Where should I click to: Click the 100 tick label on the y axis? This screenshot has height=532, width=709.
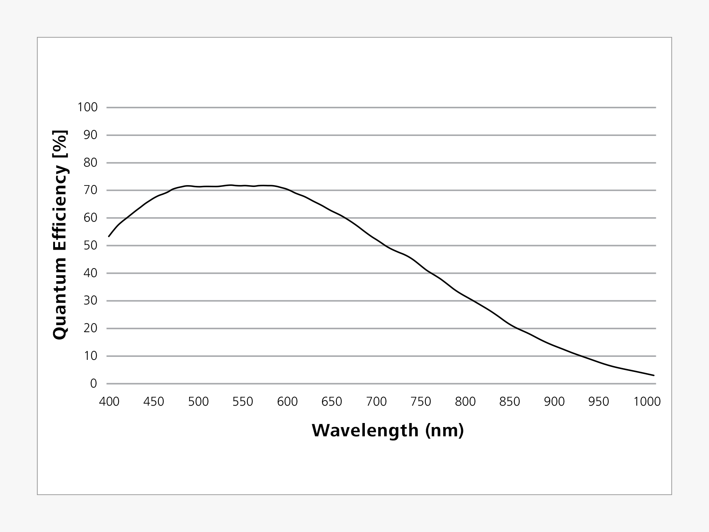click(88, 108)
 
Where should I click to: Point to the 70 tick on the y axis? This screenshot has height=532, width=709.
click(90, 190)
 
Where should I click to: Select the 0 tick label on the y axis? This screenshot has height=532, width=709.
click(93, 383)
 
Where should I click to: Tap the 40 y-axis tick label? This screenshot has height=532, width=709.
click(90, 273)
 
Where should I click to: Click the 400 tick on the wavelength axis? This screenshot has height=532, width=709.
click(109, 402)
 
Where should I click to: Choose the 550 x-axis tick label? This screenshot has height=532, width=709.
click(243, 402)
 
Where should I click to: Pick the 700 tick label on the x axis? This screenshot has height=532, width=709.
click(376, 402)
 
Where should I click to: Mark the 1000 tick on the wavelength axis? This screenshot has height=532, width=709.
click(647, 402)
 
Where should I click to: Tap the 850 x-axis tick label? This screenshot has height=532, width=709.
click(510, 402)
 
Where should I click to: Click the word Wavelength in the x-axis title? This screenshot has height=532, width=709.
click(365, 431)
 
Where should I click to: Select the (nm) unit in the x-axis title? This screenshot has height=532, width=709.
click(444, 431)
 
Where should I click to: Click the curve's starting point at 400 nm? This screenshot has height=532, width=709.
click(109, 236)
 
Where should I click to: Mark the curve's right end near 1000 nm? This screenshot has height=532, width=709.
click(654, 375)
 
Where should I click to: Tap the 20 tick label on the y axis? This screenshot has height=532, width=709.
click(90, 328)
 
